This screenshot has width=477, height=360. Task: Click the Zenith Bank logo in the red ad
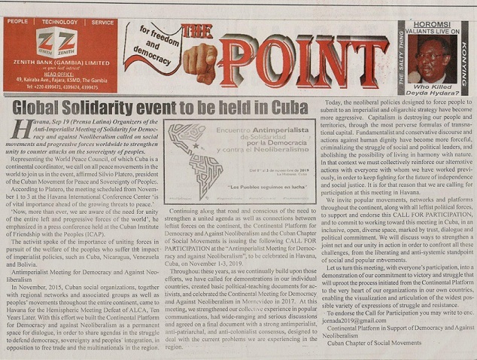click(57, 43)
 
